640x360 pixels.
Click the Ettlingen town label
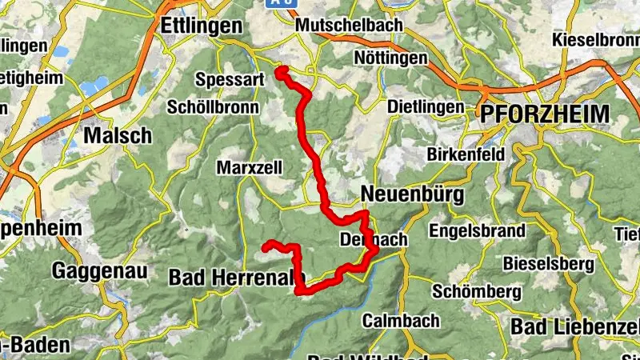click(201, 26)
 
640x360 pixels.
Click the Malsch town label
click(118, 135)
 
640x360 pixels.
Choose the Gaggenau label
click(100, 271)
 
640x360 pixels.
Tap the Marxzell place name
click(246, 168)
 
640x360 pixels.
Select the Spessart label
click(229, 80)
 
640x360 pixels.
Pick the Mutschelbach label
click(348, 26)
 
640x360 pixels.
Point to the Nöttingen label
click(390, 59)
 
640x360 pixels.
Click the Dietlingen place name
click(425, 106)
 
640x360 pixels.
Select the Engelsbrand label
click(477, 231)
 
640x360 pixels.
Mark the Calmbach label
click(401, 321)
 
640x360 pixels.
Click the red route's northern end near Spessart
click(280, 73)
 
